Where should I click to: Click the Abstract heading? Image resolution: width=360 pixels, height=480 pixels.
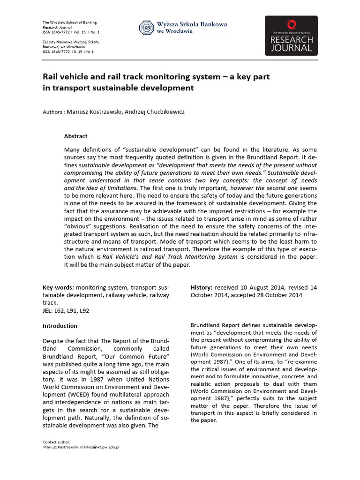point(75,136)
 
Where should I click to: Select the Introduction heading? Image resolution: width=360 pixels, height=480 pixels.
point(60,326)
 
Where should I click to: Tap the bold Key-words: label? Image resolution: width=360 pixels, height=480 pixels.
point(58,287)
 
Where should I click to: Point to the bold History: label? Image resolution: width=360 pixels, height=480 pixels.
point(202,287)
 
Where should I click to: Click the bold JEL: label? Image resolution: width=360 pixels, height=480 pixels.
point(47,311)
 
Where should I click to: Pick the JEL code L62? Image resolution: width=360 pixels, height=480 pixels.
point(60,311)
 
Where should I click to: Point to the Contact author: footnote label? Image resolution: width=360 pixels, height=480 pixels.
point(56,442)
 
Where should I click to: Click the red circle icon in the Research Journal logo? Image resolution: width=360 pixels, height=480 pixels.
point(291,24)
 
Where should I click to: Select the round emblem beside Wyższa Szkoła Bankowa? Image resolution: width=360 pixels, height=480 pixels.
point(146,28)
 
